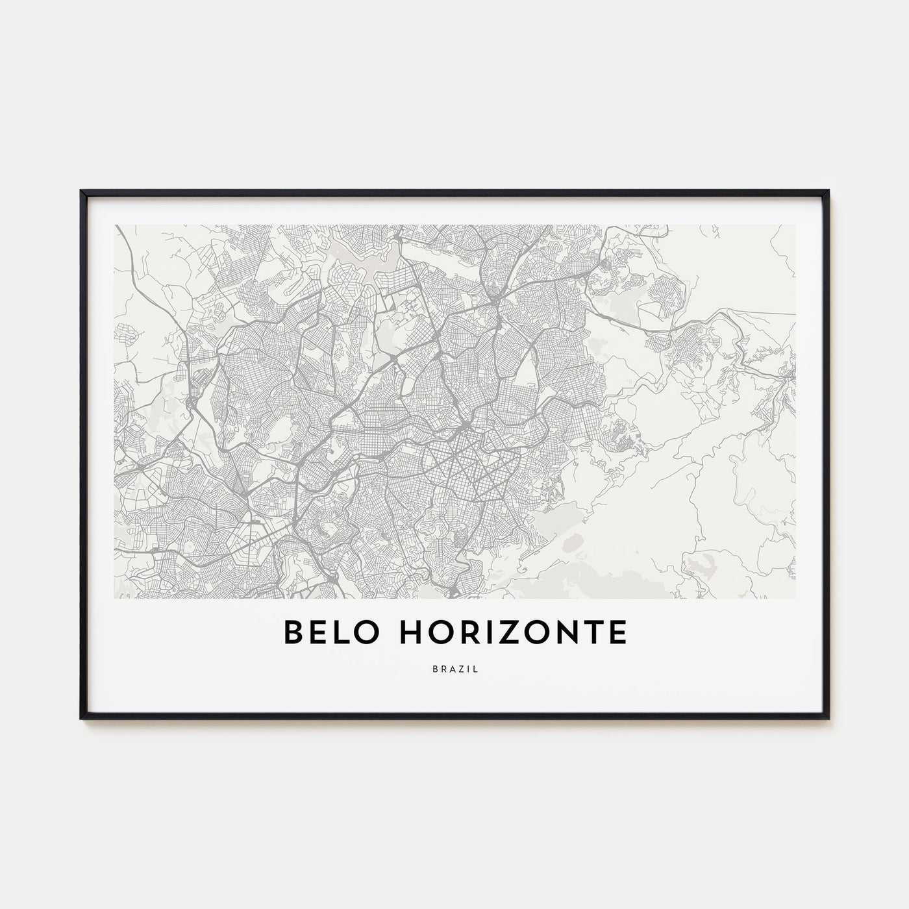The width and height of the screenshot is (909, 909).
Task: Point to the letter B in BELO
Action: click(293, 632)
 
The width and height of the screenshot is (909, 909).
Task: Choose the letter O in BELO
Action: click(366, 632)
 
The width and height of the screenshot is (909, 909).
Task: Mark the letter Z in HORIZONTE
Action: click(508, 632)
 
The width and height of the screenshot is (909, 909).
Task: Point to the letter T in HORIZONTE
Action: click(592, 632)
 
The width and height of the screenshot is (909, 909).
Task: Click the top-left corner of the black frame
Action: click(81, 191)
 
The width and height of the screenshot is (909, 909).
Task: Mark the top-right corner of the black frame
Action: click(828, 191)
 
